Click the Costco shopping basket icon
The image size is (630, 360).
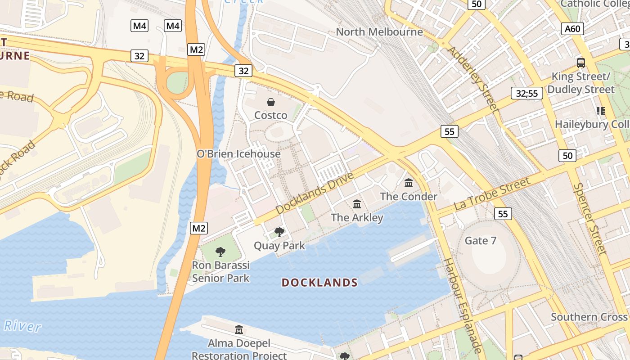pos(271,102)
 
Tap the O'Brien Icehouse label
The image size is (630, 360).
pos(238,154)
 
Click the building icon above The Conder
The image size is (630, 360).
pos(409,183)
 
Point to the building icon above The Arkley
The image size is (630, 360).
pos(357,204)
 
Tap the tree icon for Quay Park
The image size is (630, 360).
pos(279,232)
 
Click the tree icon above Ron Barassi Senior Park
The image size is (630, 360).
pos(220,252)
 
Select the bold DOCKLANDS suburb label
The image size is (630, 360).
pos(319,283)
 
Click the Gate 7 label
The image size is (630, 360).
pos(481,241)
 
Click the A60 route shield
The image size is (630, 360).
pos(572,29)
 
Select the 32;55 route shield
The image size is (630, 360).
pos(526,94)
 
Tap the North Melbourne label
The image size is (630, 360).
pos(379,32)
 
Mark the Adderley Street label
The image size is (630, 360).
pos(474,79)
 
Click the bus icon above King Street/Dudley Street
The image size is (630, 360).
pos(581,63)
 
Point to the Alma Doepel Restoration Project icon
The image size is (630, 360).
pos(239,330)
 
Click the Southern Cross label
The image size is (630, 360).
pos(589,317)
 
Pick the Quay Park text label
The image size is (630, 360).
pos(279,246)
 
